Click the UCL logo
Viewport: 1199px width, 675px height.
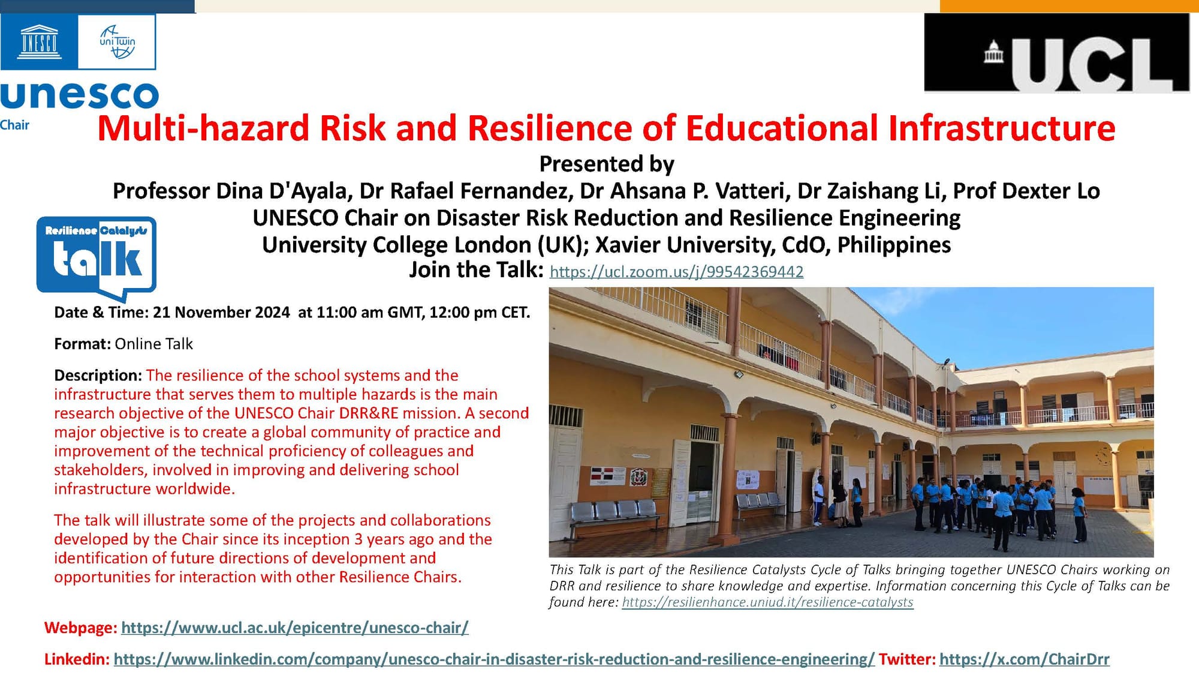coord(1056,53)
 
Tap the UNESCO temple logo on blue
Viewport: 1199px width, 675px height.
coord(39,42)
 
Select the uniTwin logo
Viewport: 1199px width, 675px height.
coord(117,42)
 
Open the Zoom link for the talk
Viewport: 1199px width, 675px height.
coord(676,272)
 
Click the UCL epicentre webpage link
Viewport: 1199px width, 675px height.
coord(294,628)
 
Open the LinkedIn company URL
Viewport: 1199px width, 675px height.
coord(494,659)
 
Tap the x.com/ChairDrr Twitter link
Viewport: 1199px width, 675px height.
coord(1024,659)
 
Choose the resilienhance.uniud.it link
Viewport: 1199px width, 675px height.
coord(767,602)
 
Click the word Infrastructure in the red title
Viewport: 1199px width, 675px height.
coord(1002,128)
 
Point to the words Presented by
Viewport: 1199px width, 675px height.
coord(607,164)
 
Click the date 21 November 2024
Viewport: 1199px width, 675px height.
coord(221,313)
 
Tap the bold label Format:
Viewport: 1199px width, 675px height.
coord(82,344)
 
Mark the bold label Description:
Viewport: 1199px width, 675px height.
coord(98,376)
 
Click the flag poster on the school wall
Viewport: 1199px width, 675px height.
coord(607,475)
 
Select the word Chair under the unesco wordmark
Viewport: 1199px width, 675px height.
coord(14,125)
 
